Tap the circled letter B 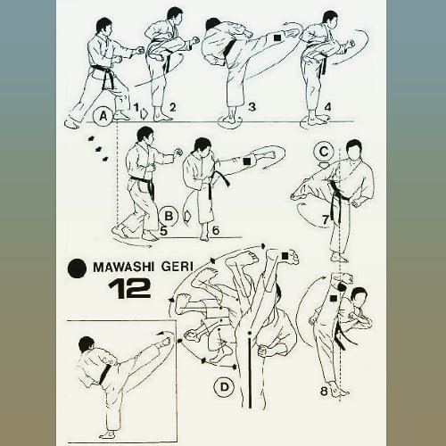click(x=167, y=215)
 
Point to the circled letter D click(x=223, y=386)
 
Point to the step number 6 click(x=215, y=230)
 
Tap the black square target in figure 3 click(x=278, y=37)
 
